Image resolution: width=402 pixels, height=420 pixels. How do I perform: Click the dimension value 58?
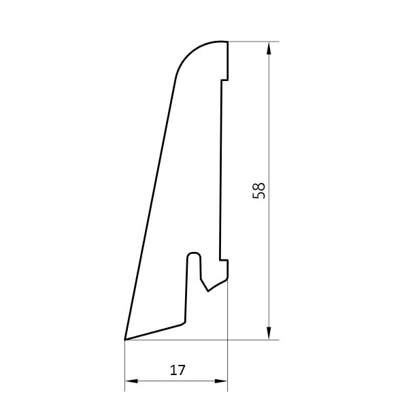coord(258,191)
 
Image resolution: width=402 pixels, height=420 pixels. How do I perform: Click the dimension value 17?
coord(178,370)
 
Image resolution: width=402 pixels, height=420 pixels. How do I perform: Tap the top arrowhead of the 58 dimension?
coord(269,48)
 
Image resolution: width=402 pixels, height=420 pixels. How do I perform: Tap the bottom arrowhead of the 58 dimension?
coord(269,334)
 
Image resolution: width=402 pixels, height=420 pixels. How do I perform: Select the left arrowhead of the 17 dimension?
coord(131,381)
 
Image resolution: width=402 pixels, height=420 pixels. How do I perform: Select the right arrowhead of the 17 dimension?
coord(221,381)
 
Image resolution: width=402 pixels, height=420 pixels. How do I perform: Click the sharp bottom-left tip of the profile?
coord(125,340)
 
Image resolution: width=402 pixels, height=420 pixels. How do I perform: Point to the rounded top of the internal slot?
coord(194,254)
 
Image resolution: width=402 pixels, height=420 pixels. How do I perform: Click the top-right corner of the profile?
coord(227,42)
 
